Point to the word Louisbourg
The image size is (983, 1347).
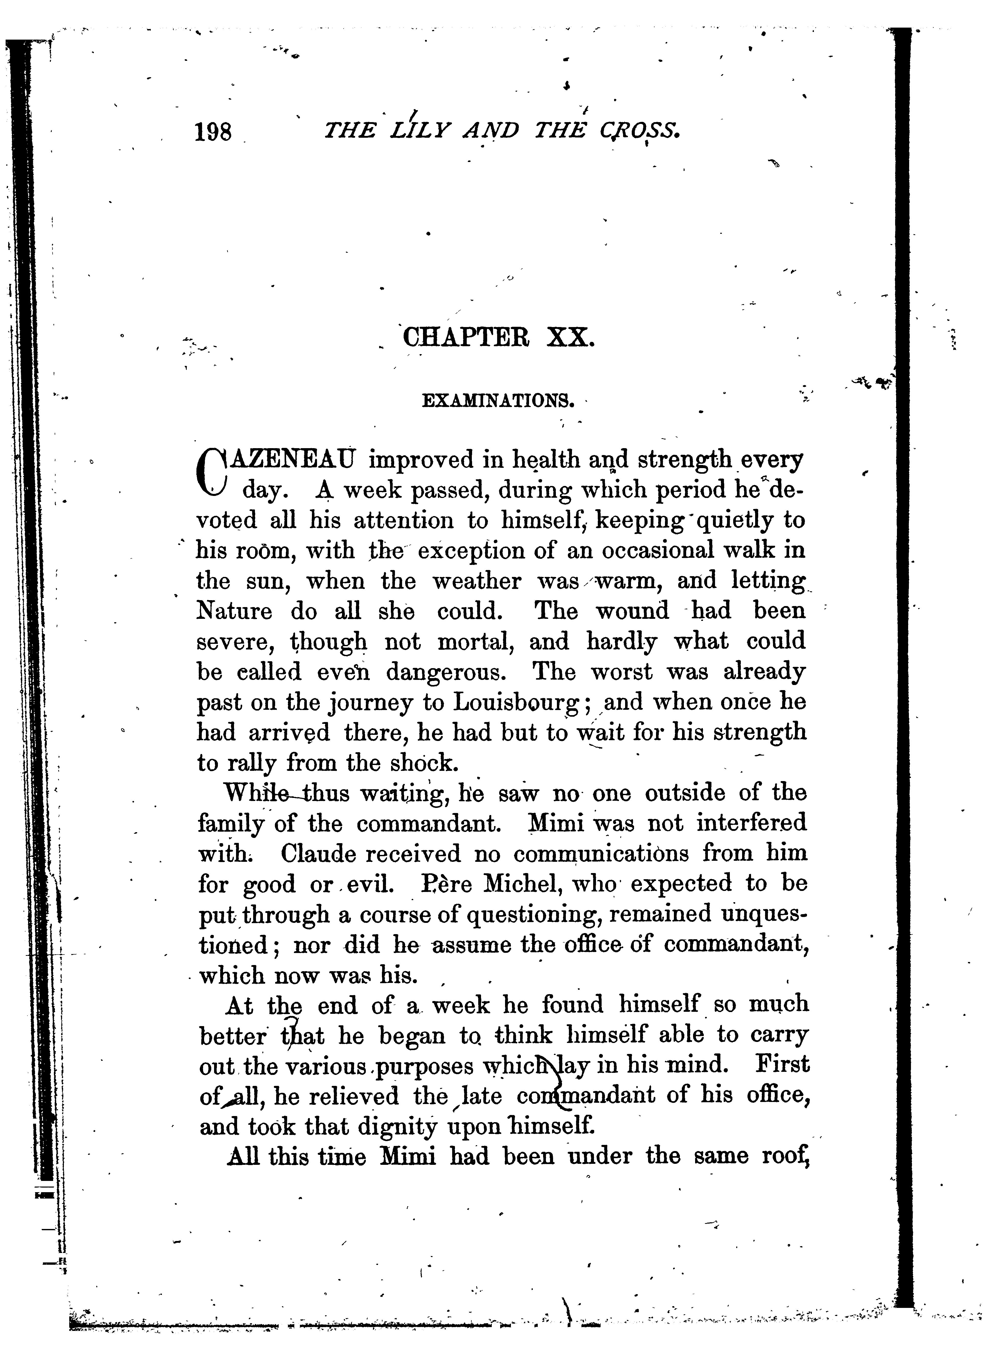click(x=515, y=703)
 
